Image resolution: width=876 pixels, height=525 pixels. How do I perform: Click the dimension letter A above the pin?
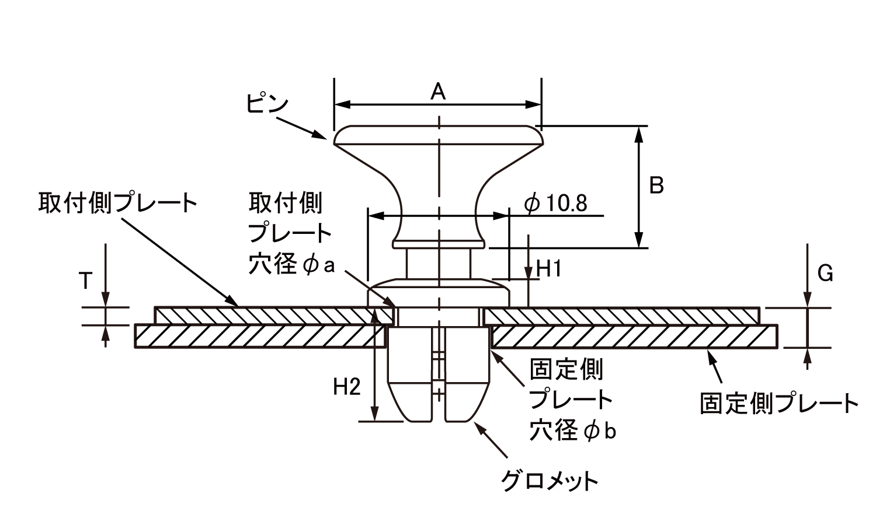(x=438, y=92)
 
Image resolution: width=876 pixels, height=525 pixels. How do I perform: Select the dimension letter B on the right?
(x=656, y=185)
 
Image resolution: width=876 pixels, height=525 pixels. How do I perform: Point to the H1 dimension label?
(x=548, y=269)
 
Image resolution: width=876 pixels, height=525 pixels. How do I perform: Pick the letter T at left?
(x=85, y=281)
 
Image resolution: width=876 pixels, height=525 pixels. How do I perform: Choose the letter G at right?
(x=825, y=273)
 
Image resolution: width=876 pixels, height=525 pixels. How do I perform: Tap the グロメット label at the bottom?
(x=550, y=482)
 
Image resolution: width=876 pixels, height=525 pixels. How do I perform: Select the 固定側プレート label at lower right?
(x=779, y=403)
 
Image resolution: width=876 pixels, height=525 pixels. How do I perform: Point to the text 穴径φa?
(x=291, y=265)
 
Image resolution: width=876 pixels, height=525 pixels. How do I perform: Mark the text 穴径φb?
(x=573, y=431)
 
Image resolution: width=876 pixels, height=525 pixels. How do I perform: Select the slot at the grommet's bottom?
(x=439, y=402)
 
